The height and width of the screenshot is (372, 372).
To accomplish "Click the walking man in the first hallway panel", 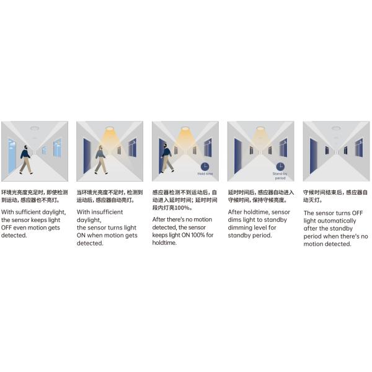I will [25, 159].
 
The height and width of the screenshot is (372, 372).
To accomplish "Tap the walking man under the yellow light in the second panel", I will [100, 159].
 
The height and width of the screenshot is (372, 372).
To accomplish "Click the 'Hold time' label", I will [205, 174].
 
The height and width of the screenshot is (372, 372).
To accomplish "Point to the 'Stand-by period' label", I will [280, 176].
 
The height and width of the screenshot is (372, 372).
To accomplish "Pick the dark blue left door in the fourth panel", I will [238, 155].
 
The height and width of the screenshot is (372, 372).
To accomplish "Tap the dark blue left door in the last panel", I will [314, 155].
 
